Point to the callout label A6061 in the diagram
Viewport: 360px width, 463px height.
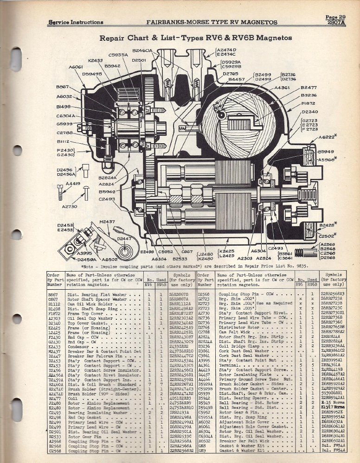point(76,67)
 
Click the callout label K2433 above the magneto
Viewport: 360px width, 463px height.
point(95,60)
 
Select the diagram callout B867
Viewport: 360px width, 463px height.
point(63,87)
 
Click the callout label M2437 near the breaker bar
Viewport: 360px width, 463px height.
point(107,222)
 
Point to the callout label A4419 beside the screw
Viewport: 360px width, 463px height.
point(73,184)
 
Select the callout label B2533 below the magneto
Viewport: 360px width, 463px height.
point(179,259)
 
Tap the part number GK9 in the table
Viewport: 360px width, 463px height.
point(202,450)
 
